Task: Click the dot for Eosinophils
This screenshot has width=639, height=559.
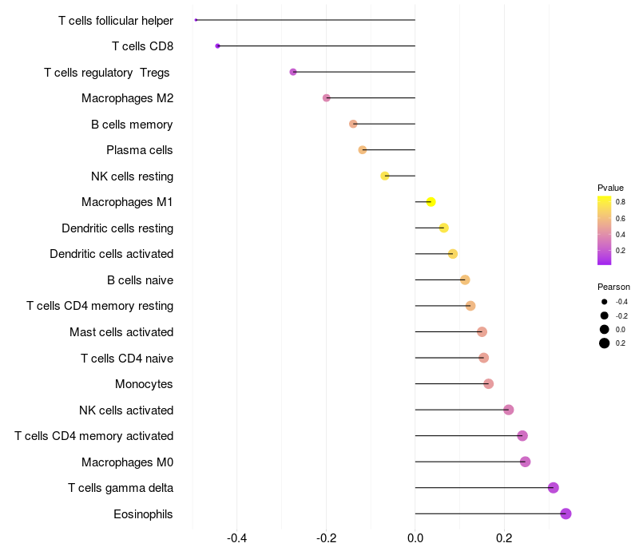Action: point(566,513)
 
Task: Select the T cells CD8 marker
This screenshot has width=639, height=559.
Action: point(217,46)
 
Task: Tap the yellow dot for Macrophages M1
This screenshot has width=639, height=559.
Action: point(431,202)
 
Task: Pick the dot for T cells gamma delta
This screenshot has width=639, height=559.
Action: point(553,488)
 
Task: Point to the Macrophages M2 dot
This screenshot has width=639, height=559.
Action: point(326,98)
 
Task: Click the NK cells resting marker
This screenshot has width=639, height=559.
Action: point(385,176)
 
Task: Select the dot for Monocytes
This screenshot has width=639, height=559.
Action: point(488,384)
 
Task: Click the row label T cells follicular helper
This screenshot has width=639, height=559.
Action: point(116,20)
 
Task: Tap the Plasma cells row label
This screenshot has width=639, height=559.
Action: point(140,150)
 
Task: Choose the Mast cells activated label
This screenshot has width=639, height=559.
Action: point(121,332)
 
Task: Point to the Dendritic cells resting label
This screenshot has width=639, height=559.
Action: point(117,228)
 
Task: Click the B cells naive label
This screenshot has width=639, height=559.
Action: point(141,280)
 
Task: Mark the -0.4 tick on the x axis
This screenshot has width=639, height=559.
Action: point(237,538)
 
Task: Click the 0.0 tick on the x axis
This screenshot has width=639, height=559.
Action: point(415,538)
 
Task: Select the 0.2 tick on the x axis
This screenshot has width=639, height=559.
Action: point(504,538)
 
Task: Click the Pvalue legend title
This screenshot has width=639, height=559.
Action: point(610,188)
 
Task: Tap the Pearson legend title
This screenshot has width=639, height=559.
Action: point(613,287)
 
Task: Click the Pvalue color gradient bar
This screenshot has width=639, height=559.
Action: point(604,230)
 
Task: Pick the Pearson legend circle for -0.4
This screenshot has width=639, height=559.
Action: point(605,302)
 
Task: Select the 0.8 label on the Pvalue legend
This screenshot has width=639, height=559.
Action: point(621,202)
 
